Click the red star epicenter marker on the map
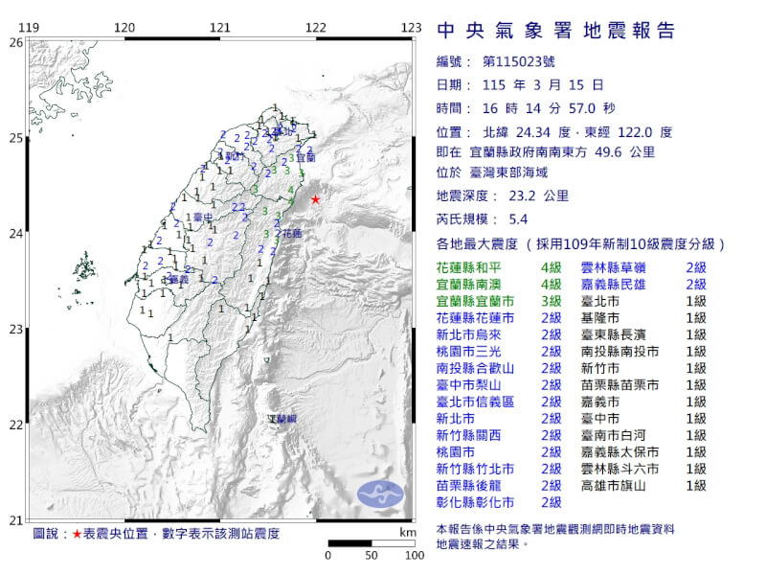click(316, 199)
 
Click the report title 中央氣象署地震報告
click(555, 31)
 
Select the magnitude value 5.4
click(545, 218)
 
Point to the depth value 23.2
click(530, 196)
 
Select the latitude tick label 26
click(15, 43)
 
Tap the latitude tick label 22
click(15, 425)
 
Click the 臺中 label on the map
click(202, 218)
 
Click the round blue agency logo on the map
click(381, 494)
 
